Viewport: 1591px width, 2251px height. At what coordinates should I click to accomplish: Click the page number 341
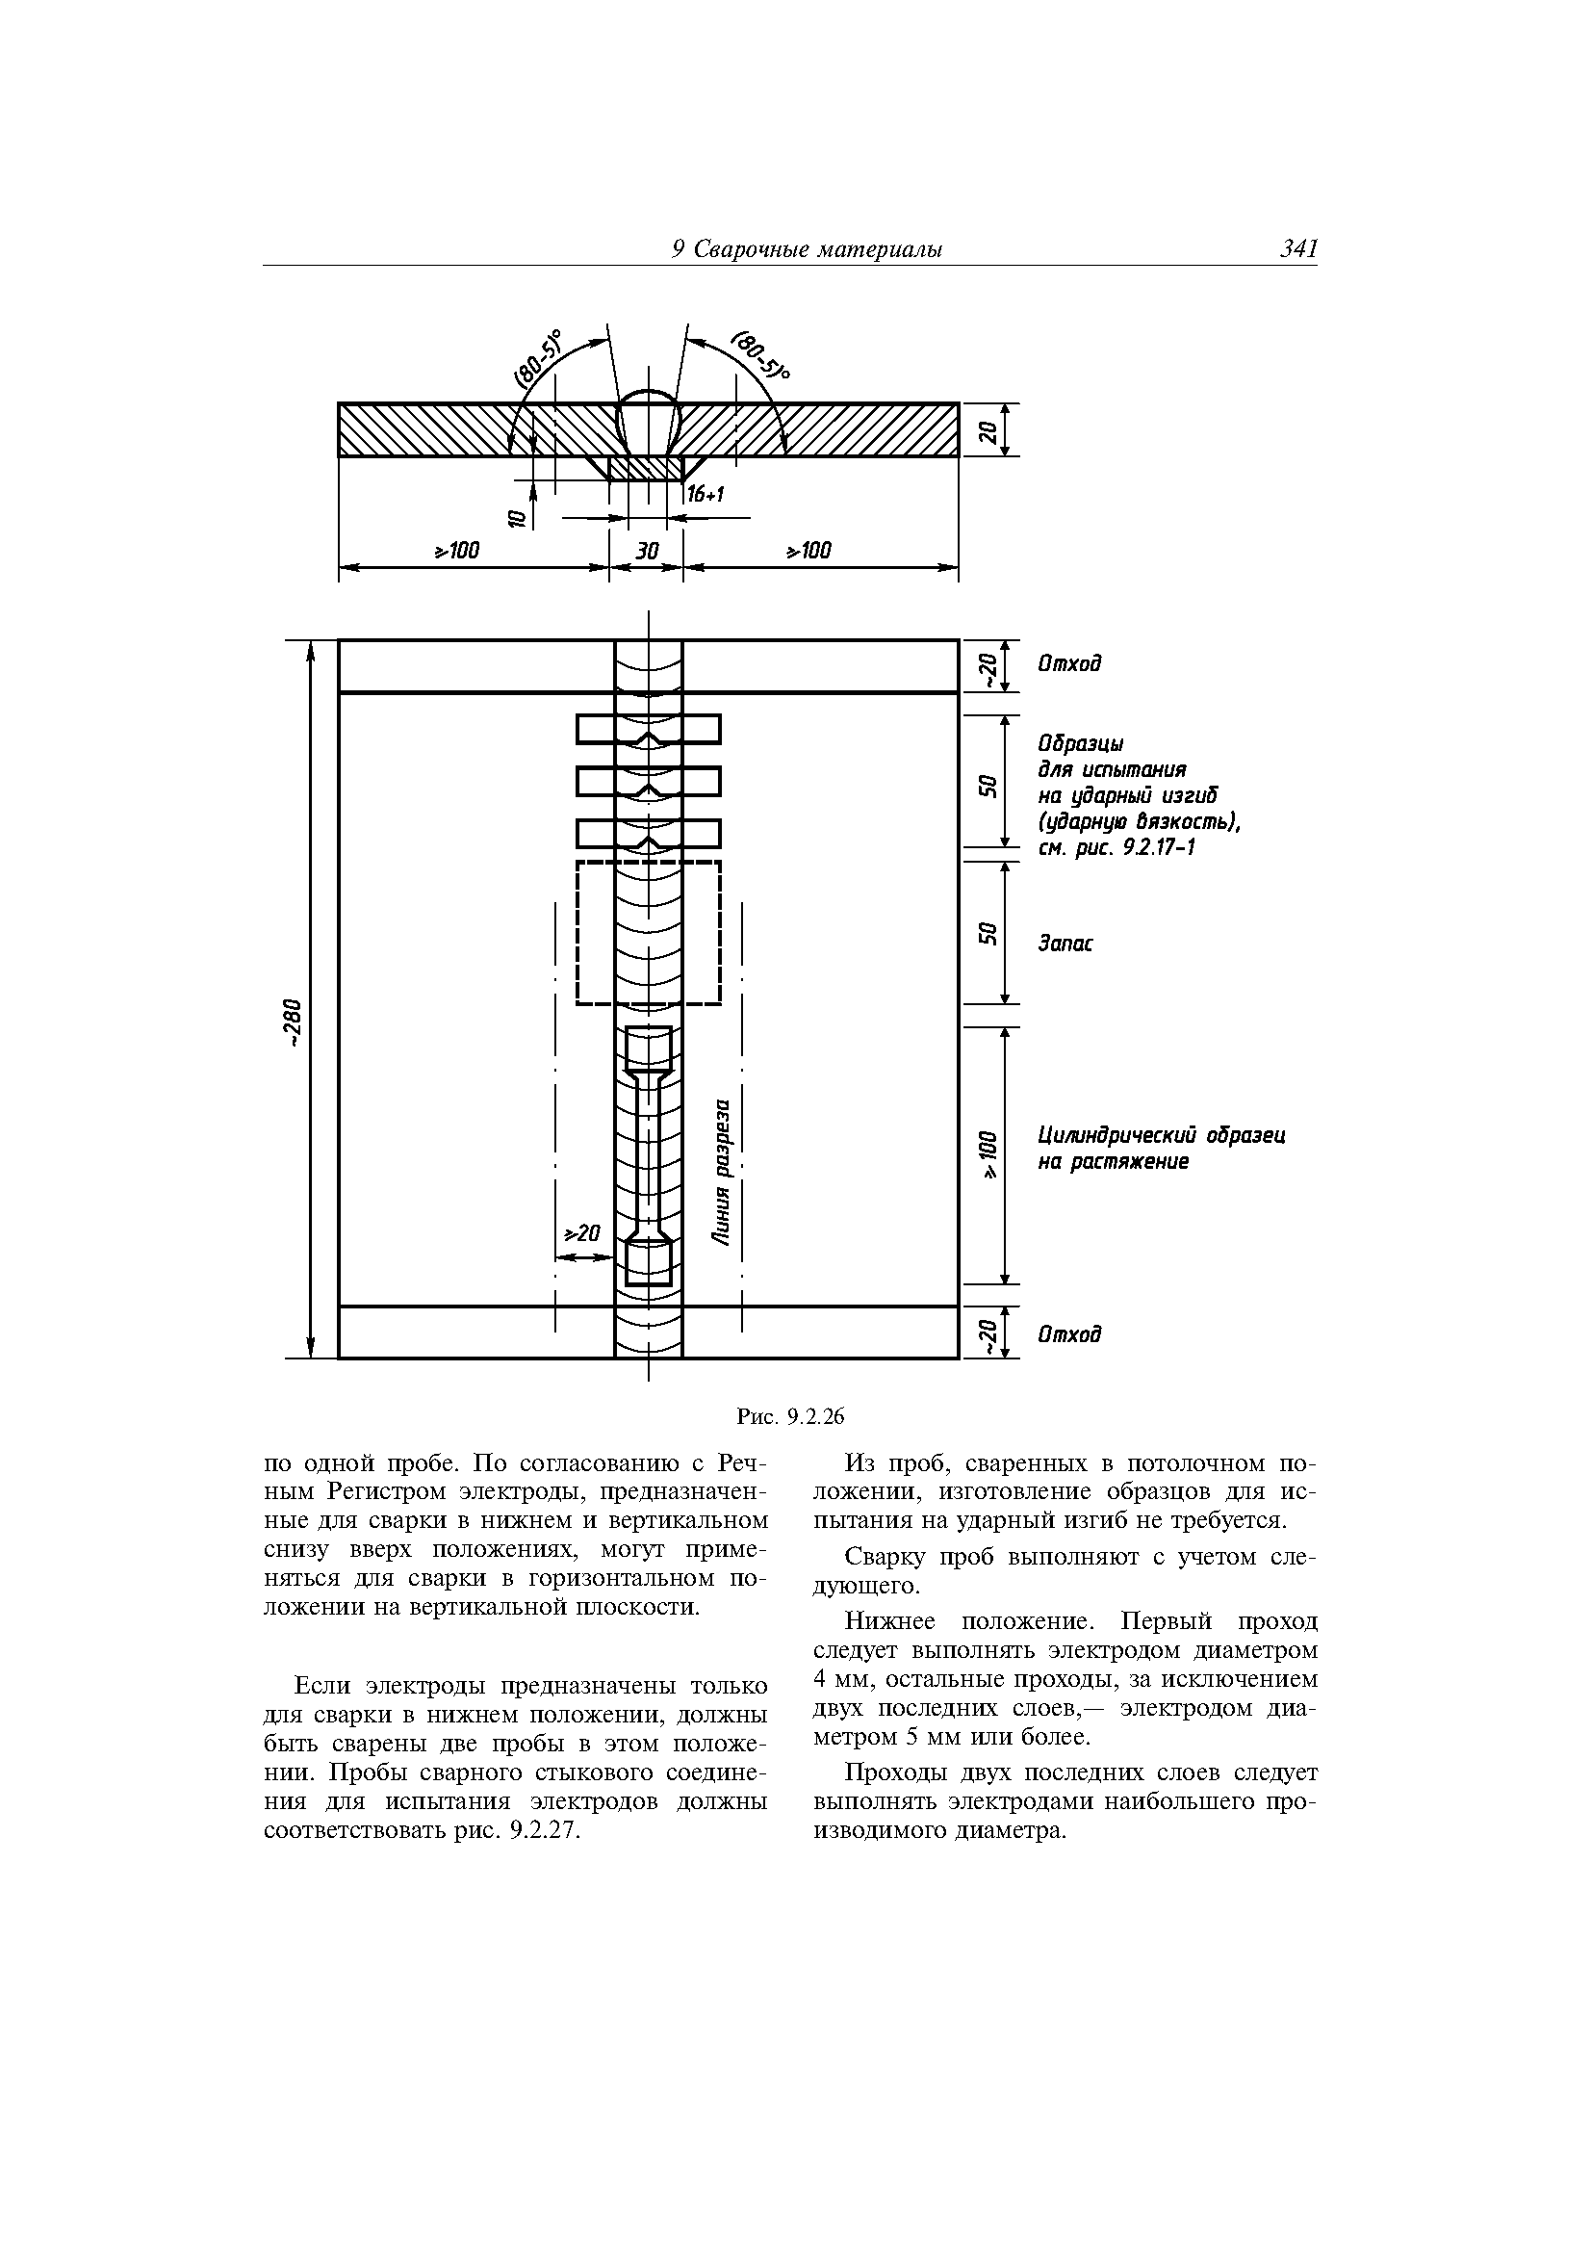[x=1296, y=249]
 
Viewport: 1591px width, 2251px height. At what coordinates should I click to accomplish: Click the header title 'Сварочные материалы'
[x=818, y=250]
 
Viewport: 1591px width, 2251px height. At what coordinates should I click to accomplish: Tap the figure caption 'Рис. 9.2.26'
[x=790, y=1415]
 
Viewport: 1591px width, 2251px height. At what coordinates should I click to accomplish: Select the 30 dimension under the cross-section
[x=646, y=551]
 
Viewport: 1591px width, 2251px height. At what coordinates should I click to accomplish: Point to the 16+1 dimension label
[x=705, y=495]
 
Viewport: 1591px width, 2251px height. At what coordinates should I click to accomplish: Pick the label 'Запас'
[x=1065, y=944]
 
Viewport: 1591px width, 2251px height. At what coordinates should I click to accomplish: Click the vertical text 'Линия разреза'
[x=723, y=1173]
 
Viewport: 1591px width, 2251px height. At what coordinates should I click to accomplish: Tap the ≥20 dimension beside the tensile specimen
[x=582, y=1233]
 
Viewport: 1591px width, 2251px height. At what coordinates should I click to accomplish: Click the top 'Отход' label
[x=1069, y=663]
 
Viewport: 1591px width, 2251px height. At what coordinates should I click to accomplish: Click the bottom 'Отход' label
[x=1069, y=1334]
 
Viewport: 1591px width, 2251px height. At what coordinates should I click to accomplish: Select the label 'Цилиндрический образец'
[x=1162, y=1135]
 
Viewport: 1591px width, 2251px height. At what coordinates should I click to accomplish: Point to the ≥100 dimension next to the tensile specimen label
[x=990, y=1155]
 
